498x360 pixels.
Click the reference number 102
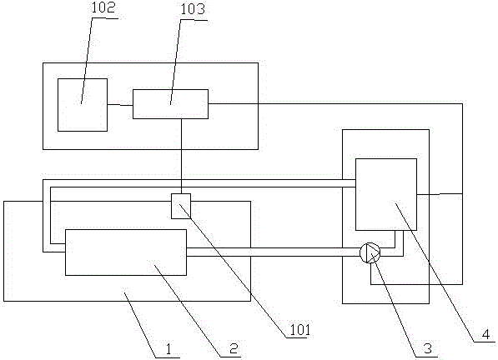[103, 8]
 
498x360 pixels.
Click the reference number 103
[193, 9]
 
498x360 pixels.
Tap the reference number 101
[299, 330]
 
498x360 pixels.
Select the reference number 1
[169, 350]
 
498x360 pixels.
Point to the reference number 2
[234, 349]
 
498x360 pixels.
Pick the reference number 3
[427, 348]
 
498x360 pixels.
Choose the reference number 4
[485, 334]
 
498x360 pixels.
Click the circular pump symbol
[370, 252]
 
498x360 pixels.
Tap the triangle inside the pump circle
[372, 252]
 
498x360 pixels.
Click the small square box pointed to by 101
[181, 206]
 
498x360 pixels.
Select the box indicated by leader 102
[83, 105]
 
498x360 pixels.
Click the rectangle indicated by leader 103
[170, 104]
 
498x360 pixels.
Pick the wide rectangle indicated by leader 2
[126, 252]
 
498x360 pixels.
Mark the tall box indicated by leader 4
[386, 194]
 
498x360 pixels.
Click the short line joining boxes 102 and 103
[120, 105]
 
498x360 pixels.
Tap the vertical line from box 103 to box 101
[181, 156]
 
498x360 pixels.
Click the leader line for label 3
[394, 305]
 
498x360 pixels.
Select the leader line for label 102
[87, 61]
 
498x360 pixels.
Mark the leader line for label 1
[141, 325]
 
